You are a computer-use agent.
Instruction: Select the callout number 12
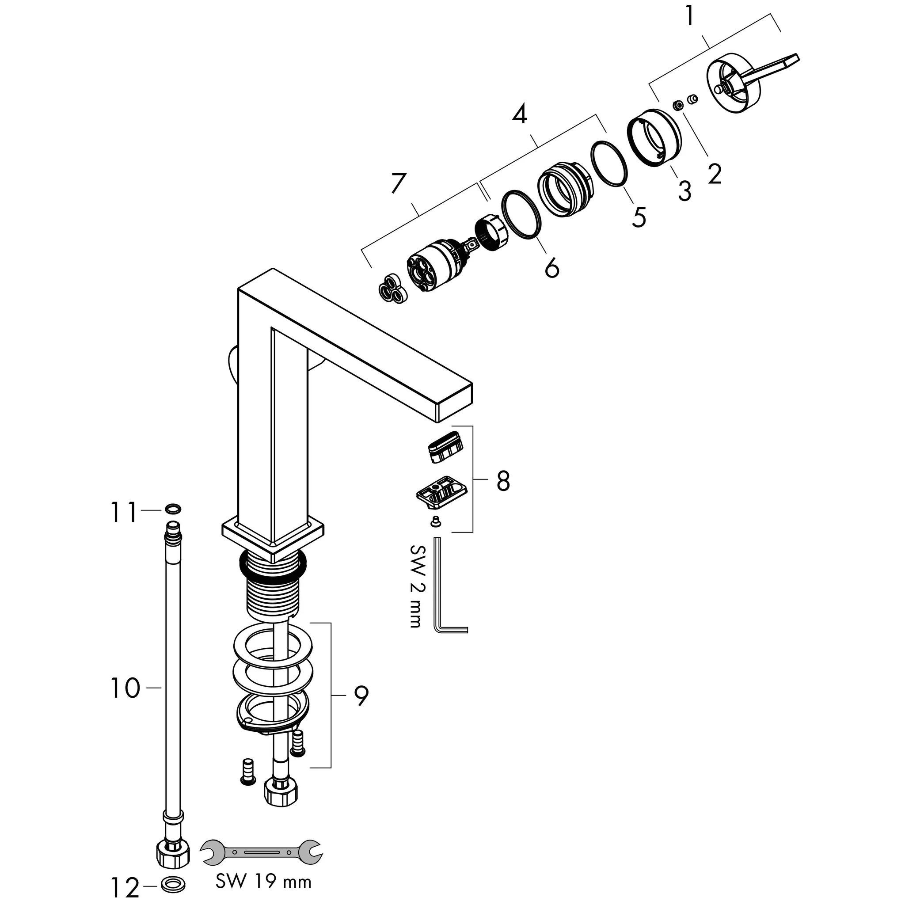(x=125, y=888)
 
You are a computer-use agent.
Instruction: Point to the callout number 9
(x=361, y=697)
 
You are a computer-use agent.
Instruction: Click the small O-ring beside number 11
(x=172, y=508)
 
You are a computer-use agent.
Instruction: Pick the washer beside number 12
(x=172, y=884)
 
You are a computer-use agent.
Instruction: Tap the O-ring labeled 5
(x=609, y=163)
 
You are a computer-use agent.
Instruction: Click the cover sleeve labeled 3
(x=655, y=137)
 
